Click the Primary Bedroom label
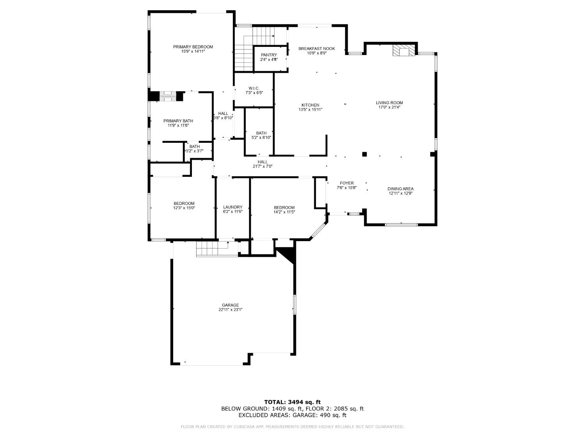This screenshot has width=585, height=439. click(x=193, y=47)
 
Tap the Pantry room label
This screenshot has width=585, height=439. click(x=269, y=55)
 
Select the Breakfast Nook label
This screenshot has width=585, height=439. click(x=316, y=48)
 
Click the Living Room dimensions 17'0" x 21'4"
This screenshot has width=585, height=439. click(x=389, y=107)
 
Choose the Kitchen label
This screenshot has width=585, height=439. click(x=310, y=105)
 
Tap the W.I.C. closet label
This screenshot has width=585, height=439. click(x=254, y=88)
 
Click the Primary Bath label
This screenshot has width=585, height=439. click(x=178, y=121)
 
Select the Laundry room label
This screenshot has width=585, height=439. click(x=233, y=207)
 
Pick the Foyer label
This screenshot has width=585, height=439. click(x=347, y=183)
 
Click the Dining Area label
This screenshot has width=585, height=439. click(x=401, y=189)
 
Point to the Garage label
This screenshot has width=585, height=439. click(x=230, y=305)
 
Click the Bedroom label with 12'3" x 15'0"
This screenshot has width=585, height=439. click(x=184, y=203)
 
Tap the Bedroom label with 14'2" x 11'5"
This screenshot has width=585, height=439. click(x=284, y=208)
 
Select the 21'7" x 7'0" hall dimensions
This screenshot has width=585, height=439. click(x=262, y=167)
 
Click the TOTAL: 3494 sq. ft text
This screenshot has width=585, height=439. click(x=292, y=402)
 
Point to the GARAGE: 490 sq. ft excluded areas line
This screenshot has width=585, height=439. click(x=292, y=415)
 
